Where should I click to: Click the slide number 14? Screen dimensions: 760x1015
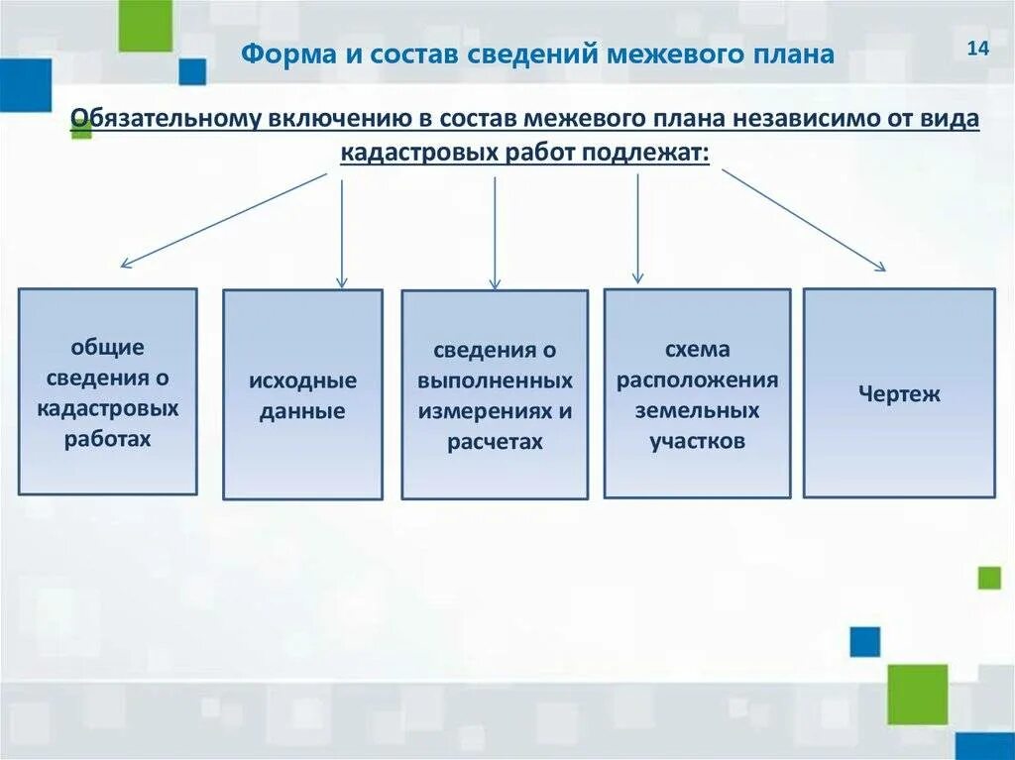978,50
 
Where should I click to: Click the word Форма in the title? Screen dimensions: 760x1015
282,54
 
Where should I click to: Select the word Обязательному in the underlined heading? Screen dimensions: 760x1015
165,119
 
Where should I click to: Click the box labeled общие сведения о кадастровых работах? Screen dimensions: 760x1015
108,391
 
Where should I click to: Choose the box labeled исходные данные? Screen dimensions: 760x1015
302,394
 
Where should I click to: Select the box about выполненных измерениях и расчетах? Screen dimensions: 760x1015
495,394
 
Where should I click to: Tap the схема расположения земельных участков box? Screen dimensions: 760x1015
697,393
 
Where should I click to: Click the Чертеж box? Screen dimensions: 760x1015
899,392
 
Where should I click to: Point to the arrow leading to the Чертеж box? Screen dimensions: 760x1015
803,219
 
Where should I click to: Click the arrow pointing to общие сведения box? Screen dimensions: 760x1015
224,219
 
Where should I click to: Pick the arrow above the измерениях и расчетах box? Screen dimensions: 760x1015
495,233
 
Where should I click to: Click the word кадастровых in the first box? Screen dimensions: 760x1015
108,407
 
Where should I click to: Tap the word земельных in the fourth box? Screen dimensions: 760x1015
698,410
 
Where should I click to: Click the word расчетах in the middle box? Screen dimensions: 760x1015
495,442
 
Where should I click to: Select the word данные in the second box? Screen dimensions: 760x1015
302,411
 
